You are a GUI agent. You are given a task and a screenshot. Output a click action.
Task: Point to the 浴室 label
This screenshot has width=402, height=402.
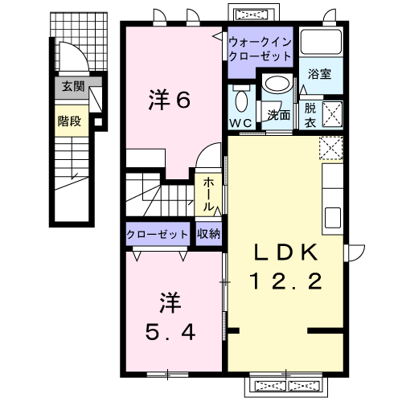coord(320,74)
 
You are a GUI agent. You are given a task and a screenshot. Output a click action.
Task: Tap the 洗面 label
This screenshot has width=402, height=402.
coord(279,113)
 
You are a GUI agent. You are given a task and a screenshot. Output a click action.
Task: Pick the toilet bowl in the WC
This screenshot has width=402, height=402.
coord(240,101)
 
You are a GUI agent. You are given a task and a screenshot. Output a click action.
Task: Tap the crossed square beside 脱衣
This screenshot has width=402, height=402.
coord(332,112)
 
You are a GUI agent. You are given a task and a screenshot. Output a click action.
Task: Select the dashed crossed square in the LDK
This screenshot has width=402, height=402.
coord(330,148)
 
